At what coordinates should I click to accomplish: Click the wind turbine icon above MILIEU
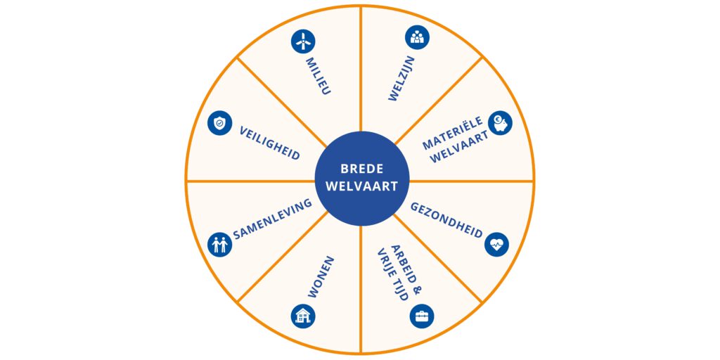[x=302, y=41]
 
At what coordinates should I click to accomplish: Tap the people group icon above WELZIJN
[x=418, y=37]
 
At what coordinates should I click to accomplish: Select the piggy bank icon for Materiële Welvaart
[x=501, y=122]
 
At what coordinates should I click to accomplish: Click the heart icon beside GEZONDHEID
[x=496, y=244]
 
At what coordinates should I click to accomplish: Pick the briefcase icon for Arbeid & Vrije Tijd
[x=422, y=316]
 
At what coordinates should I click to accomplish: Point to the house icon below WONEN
[x=303, y=316]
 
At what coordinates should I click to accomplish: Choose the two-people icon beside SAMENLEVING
[x=219, y=245]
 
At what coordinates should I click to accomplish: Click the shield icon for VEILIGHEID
[x=219, y=123]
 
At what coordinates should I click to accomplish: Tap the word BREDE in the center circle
[x=360, y=169]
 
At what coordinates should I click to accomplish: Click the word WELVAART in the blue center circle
[x=360, y=186]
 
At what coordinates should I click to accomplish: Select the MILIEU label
[x=318, y=77]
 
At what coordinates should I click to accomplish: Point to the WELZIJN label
[x=402, y=79]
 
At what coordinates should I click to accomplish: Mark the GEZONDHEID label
[x=446, y=220]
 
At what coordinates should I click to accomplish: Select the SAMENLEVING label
[x=272, y=219]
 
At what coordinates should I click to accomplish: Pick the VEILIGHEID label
[x=270, y=143]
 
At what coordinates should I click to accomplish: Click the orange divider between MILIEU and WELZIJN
[x=360, y=70]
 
